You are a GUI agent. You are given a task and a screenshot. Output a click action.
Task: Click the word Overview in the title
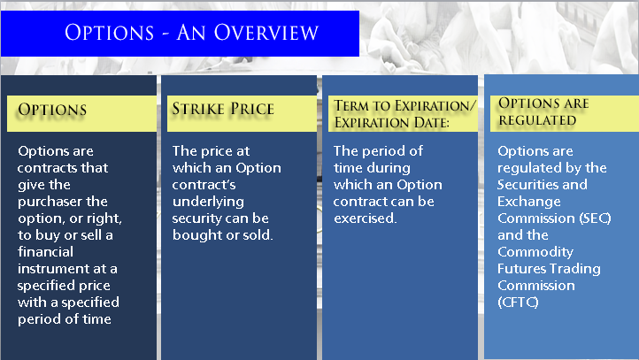[266, 33]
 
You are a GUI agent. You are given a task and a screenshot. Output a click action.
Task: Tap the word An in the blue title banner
[191, 33]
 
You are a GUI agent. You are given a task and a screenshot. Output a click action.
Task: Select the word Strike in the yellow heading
[198, 109]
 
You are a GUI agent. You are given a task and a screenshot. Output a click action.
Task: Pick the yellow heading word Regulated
[537, 120]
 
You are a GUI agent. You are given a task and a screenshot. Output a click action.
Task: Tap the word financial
[45, 252]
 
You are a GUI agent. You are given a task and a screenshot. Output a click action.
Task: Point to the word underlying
[208, 202]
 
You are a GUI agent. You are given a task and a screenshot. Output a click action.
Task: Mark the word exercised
[365, 218]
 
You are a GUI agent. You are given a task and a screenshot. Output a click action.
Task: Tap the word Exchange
[529, 202]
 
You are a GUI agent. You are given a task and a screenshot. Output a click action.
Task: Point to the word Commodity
[535, 252]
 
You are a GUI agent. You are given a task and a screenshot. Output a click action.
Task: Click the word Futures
[520, 269]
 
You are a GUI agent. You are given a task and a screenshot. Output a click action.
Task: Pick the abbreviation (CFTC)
[518, 303]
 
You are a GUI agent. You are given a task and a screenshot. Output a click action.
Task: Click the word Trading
[573, 269]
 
